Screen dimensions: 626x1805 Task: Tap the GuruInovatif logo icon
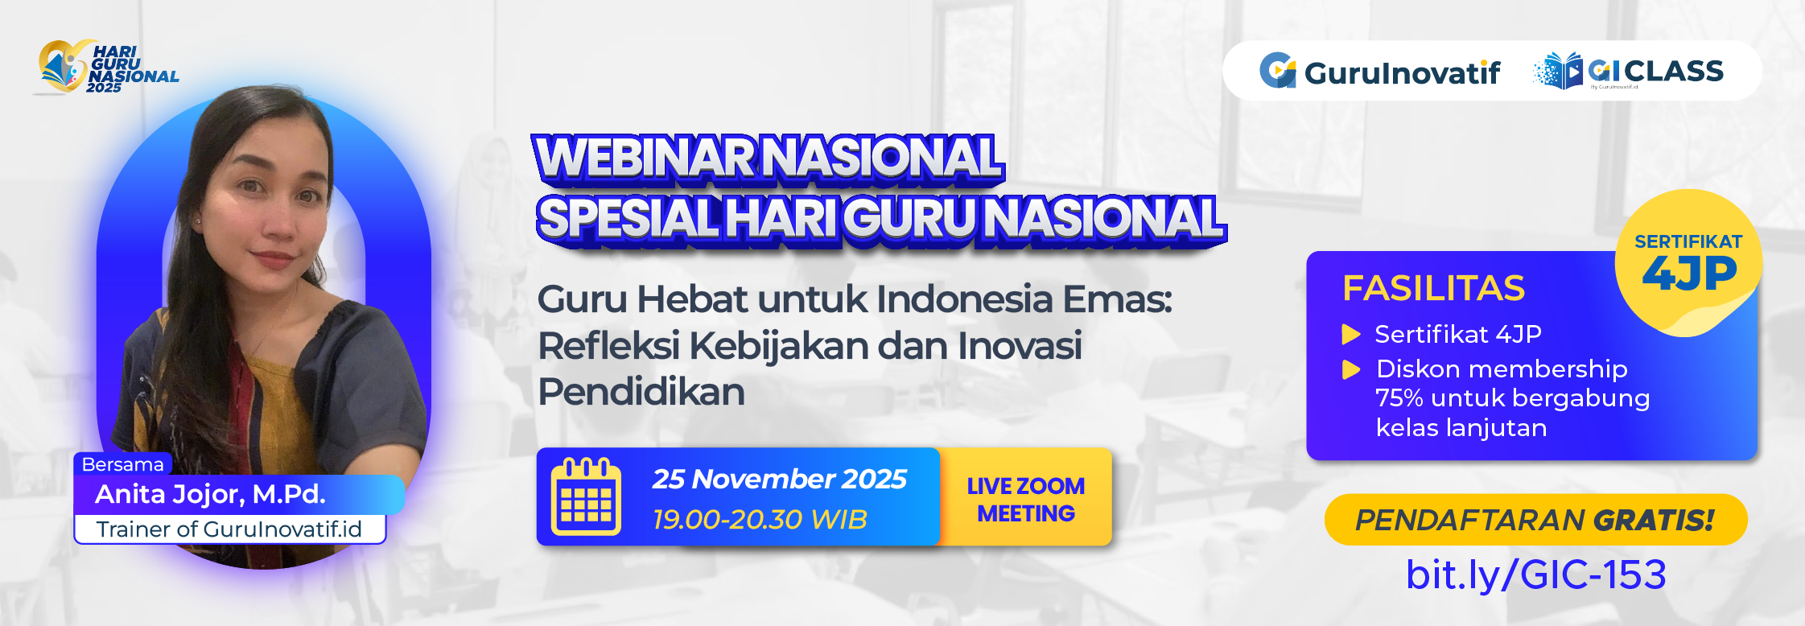pyautogui.click(x=1277, y=71)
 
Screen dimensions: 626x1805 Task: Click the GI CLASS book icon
pyautogui.click(x=1559, y=72)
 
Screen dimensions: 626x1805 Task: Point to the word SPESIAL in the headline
pyautogui.click(x=628, y=218)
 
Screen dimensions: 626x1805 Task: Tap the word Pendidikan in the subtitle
pyautogui.click(x=641, y=393)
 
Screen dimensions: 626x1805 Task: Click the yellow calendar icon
pyautogui.click(x=586, y=496)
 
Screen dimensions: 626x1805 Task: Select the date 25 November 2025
pyautogui.click(x=779, y=480)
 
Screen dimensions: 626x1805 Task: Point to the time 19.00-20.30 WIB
pyautogui.click(x=760, y=520)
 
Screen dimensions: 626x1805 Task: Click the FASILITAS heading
pyautogui.click(x=1433, y=288)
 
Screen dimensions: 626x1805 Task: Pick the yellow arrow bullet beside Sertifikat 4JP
pyautogui.click(x=1351, y=334)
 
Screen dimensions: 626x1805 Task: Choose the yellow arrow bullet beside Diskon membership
pyautogui.click(x=1351, y=369)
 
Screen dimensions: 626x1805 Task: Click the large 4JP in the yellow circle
pyautogui.click(x=1689, y=274)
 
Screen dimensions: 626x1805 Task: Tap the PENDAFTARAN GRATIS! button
pyautogui.click(x=1535, y=520)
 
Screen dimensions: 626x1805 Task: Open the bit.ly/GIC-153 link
pyautogui.click(x=1535, y=575)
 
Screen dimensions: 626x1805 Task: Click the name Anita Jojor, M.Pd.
pyautogui.click(x=210, y=494)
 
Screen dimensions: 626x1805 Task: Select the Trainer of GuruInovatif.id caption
pyautogui.click(x=229, y=529)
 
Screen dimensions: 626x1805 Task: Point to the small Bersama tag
pyautogui.click(x=122, y=464)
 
